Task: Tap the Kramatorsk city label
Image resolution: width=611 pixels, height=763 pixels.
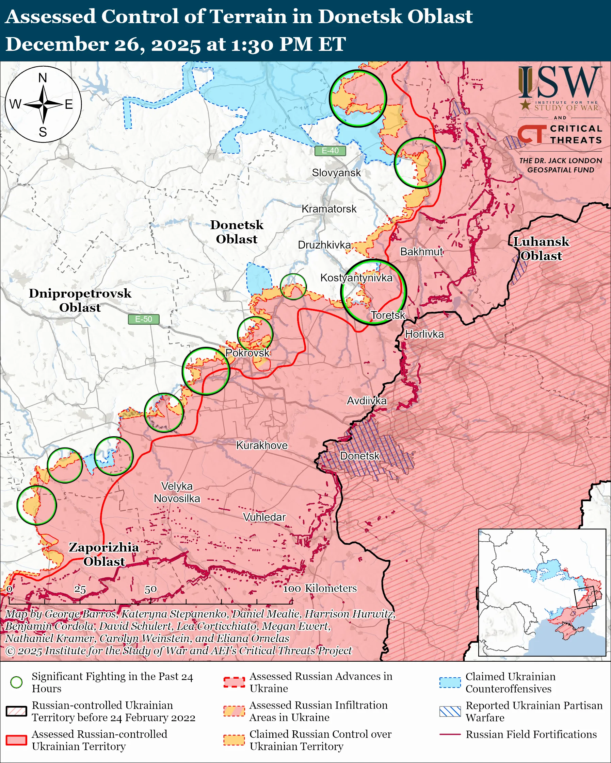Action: click(x=329, y=209)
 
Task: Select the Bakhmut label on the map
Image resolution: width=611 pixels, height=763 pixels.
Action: click(x=421, y=252)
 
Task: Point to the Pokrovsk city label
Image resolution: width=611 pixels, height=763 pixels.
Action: click(x=247, y=353)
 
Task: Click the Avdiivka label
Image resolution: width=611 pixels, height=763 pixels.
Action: click(x=366, y=401)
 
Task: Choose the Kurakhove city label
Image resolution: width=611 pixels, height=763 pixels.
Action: click(x=262, y=445)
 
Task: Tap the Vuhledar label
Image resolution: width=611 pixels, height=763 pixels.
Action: click(x=264, y=517)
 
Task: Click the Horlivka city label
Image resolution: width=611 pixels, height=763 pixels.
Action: click(x=424, y=334)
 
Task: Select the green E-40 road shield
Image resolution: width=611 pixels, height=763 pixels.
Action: click(x=330, y=151)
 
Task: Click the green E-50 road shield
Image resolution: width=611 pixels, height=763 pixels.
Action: click(x=143, y=319)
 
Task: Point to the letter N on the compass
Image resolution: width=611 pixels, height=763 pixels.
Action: click(x=43, y=78)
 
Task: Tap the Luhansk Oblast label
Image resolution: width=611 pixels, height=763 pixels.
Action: click(x=541, y=249)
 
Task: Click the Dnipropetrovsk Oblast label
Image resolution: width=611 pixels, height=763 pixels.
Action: click(x=80, y=300)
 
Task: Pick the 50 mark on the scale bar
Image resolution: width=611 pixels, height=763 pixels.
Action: click(x=150, y=589)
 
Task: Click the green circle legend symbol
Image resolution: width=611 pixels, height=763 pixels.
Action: click(x=16, y=682)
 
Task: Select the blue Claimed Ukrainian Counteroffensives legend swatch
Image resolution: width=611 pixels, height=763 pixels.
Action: click(x=450, y=682)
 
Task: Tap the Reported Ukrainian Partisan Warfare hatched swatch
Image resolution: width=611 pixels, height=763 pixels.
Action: click(x=450, y=711)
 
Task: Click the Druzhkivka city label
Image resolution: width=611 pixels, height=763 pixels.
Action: click(x=324, y=245)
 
